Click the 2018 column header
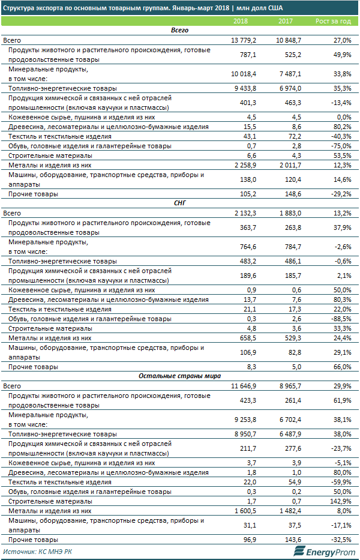(x=241, y=22)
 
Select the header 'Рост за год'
(x=333, y=22)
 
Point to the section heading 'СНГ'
(x=180, y=203)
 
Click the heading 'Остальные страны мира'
(x=180, y=376)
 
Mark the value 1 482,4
(x=291, y=510)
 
